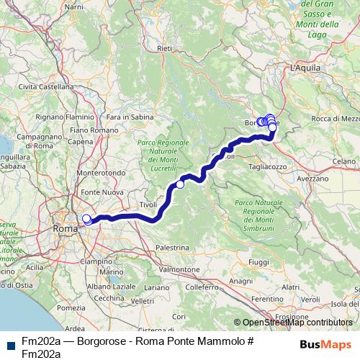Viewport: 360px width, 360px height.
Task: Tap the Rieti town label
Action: coord(164,48)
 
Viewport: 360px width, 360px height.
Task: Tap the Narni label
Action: coord(73,6)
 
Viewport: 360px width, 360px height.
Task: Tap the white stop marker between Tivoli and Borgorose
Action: coord(180,185)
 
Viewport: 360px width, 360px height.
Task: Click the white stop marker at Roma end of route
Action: coord(86,219)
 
